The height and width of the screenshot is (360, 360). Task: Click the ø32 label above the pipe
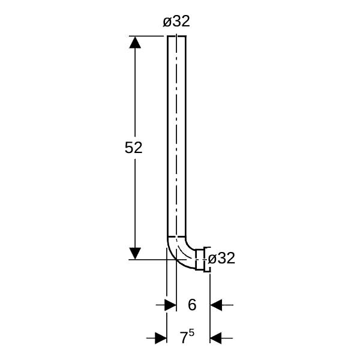pos(176,22)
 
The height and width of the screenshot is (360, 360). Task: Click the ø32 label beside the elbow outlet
pos(221,258)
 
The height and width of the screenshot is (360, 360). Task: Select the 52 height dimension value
pos(133,148)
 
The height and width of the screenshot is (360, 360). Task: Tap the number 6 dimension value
pos(192,305)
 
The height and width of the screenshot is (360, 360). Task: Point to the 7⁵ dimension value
pos(187,337)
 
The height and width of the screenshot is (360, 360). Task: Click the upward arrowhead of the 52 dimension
pos(135,43)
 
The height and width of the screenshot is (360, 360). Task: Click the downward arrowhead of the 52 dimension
pos(135,253)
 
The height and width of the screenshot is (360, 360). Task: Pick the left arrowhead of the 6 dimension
pos(170,305)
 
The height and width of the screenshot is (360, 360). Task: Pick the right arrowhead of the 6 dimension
pos(216,305)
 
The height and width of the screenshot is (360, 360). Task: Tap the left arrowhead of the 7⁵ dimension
pos(161,338)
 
